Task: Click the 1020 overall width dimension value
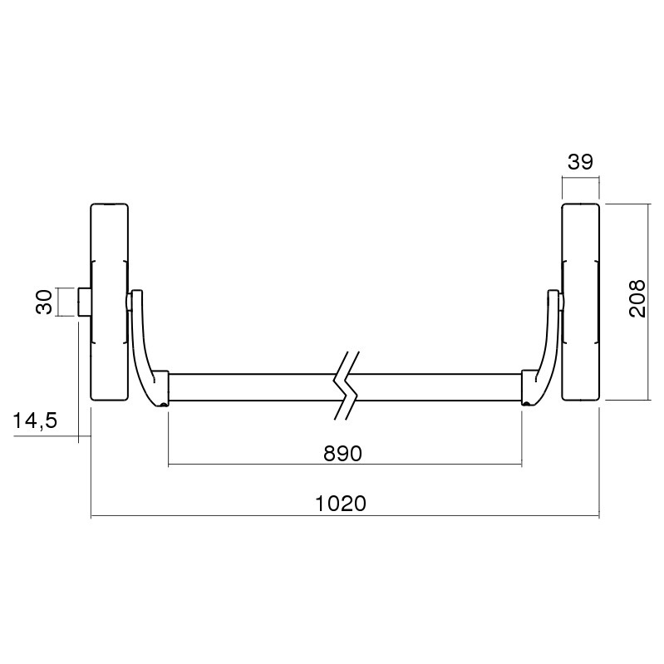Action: pos(341,504)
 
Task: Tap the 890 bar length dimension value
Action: pos(342,454)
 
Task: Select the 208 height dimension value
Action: pos(637,298)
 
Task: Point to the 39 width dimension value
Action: pos(581,162)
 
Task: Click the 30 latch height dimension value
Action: pos(44,302)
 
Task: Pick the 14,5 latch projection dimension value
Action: pos(35,421)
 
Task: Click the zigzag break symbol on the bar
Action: pos(347,386)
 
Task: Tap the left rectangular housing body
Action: pos(109,302)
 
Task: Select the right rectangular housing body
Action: pos(581,302)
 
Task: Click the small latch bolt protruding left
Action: pos(84,302)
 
